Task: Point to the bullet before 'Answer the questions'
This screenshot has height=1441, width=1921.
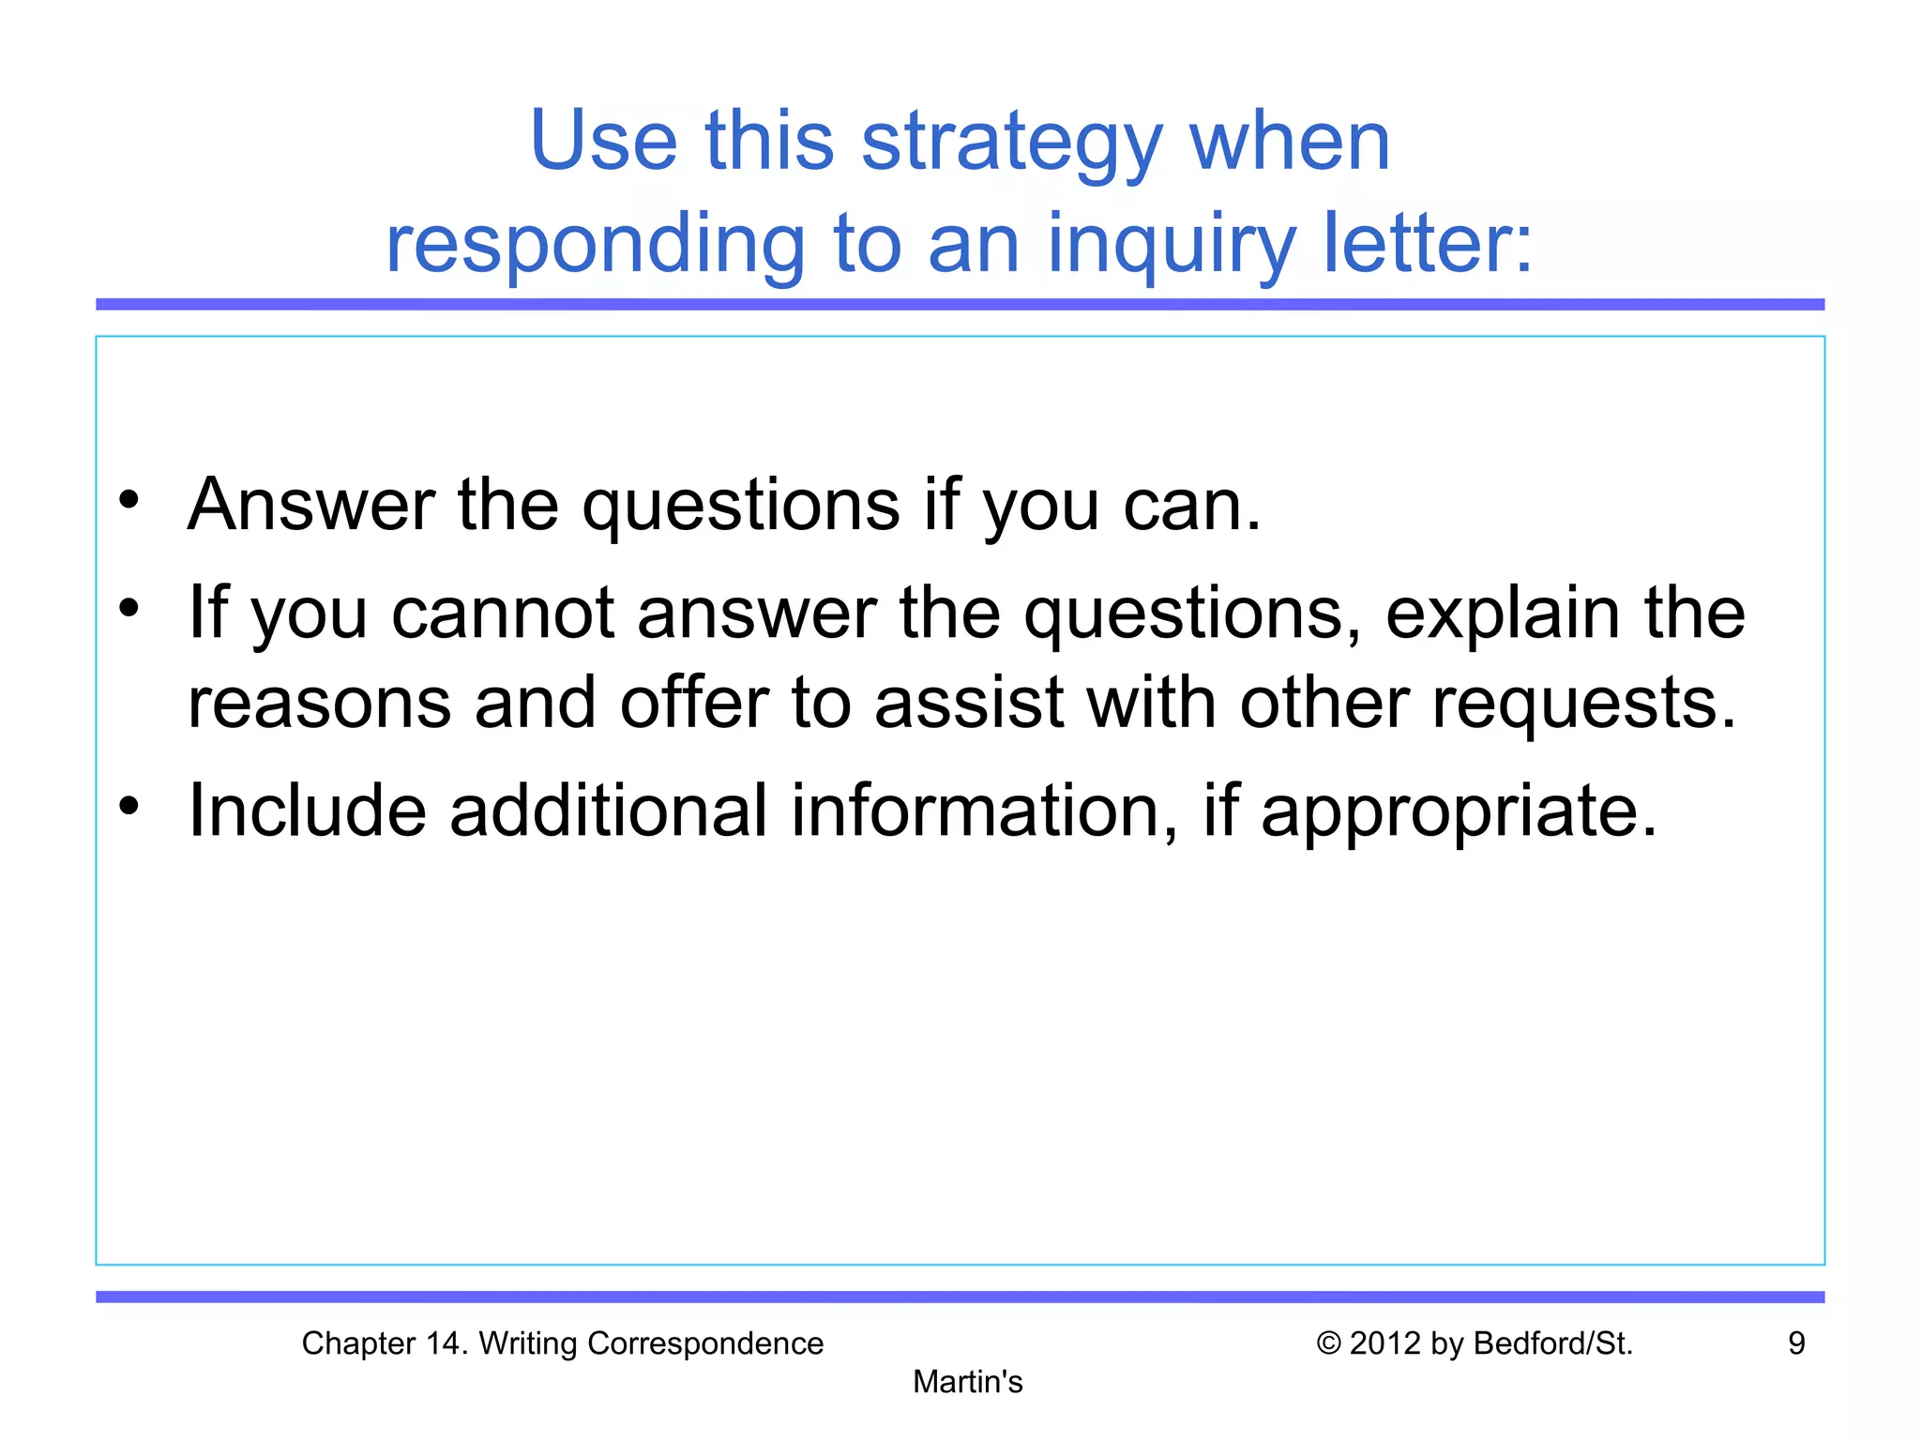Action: [x=129, y=499]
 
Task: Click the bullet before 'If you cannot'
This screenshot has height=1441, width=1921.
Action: [x=129, y=607]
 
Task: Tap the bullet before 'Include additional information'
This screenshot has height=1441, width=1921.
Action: [x=129, y=805]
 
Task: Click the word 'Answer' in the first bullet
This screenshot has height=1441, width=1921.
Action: [x=311, y=505]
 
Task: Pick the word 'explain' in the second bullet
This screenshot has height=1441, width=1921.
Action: [x=1503, y=614]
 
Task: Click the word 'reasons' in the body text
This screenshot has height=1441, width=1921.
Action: [x=319, y=704]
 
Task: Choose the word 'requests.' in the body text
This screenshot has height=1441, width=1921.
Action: [x=1584, y=705]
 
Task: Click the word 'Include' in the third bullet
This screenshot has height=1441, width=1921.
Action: [x=308, y=811]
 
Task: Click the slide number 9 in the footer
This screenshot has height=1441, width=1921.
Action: [x=1796, y=1343]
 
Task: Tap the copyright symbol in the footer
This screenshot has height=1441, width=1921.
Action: [x=1328, y=1343]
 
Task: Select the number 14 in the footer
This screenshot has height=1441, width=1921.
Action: [x=444, y=1343]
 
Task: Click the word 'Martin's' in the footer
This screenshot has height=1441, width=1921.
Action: [x=967, y=1382]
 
